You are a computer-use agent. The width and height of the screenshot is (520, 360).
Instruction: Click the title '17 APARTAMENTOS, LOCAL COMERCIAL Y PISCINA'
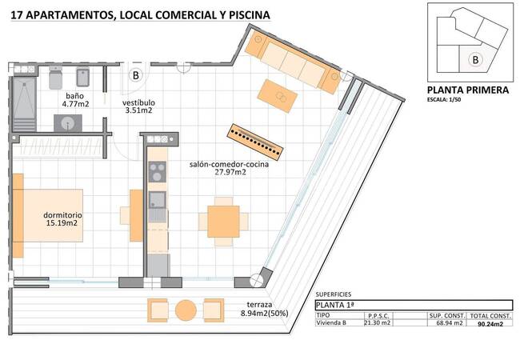coord(140,14)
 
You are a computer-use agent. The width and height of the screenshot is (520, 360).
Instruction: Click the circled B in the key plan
coord(475,58)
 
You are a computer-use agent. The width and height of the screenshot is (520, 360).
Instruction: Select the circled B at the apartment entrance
coord(137,75)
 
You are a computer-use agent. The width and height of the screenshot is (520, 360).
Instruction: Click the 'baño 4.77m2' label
coord(76,99)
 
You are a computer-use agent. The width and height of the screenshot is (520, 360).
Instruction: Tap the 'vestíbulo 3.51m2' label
coord(138,108)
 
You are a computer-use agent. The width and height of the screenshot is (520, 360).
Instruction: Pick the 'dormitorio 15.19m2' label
coord(63,219)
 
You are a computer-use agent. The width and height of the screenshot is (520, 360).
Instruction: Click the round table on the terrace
coord(186,310)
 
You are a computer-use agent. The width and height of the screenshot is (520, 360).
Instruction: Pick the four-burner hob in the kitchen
coord(158,172)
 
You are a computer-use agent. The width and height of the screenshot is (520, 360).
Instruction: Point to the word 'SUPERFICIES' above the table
coord(334,294)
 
